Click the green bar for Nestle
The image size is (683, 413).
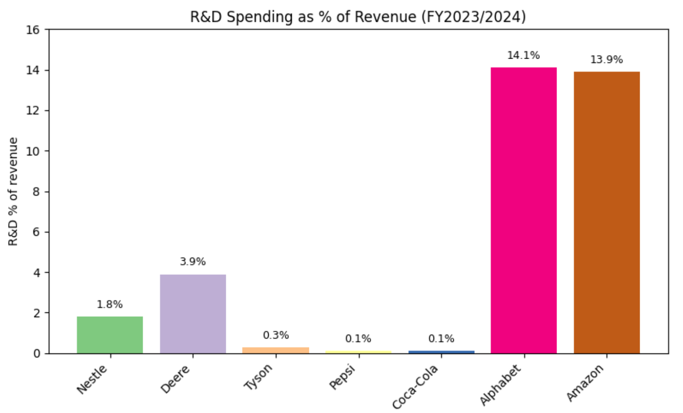click(110, 335)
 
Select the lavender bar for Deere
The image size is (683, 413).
click(193, 314)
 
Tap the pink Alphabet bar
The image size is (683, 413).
click(524, 210)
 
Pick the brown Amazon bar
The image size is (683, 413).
click(606, 212)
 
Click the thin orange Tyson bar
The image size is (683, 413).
click(276, 350)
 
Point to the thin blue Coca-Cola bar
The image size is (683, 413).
click(441, 352)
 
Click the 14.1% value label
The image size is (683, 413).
click(523, 56)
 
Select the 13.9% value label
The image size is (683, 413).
click(606, 60)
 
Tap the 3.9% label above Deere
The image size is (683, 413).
click(193, 262)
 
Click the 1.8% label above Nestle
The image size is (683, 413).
click(109, 304)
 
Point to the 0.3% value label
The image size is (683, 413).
click(276, 336)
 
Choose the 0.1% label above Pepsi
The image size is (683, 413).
click(358, 339)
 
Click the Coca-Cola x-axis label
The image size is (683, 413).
click(415, 387)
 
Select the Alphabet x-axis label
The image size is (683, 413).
click(501, 385)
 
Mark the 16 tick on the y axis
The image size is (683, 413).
click(33, 30)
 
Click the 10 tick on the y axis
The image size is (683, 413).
click(33, 151)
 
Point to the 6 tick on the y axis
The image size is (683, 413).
click(36, 232)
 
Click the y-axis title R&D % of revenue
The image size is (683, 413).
click(13, 192)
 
